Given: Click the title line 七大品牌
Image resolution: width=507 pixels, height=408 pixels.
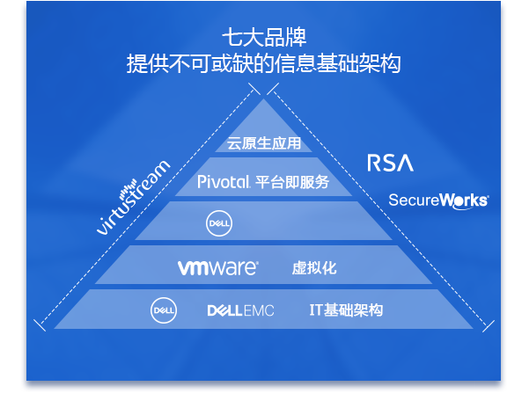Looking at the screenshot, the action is coord(264,38).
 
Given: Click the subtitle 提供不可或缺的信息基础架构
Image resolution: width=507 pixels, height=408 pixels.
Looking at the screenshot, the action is coord(263,63).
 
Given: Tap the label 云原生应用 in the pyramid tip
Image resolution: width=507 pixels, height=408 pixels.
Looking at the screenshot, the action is coord(264,143).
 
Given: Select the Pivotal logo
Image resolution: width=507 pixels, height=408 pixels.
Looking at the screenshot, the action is coord(224,182).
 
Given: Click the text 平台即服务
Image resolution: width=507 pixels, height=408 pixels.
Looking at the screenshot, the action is coord(292,182).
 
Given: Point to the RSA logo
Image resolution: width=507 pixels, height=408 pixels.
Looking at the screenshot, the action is coord(390,163).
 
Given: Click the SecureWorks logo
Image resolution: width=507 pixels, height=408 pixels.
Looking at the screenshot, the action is coord(438,201).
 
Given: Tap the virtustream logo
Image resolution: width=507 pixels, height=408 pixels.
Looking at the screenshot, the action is coord(133,197).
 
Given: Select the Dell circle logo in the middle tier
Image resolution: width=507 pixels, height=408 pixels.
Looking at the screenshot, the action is coord(219,223).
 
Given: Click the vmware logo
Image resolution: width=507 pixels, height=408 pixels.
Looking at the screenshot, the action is coord(218,268).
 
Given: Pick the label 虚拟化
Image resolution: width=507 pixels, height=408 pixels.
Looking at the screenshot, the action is coord(314,268).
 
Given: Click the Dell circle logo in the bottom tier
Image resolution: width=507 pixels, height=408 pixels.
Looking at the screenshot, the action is coord(164,310).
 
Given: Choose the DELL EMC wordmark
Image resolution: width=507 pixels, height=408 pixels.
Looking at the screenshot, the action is coord(240,310).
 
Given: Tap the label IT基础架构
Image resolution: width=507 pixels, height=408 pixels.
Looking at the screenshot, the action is coord(346,310).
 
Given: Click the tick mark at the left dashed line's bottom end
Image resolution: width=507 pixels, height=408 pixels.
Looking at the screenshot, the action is coord(40,325).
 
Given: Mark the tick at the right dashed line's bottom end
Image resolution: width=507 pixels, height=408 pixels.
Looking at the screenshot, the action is coord(489,326).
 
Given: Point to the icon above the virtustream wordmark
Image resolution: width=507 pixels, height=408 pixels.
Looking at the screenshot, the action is coord(128,188).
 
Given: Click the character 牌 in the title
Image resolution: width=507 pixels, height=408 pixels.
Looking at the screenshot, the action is coord(296,38).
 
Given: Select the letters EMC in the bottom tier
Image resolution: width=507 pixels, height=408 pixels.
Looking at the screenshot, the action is coord(259,310).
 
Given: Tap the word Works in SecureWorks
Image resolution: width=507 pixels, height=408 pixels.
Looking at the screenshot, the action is coord(465,201).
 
